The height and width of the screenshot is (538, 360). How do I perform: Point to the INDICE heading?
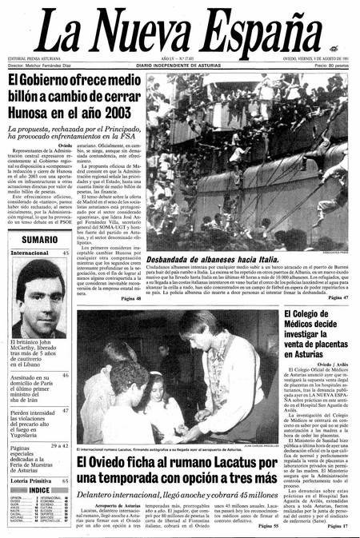(39, 490)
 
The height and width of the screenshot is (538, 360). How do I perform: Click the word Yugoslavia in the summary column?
(30, 438)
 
